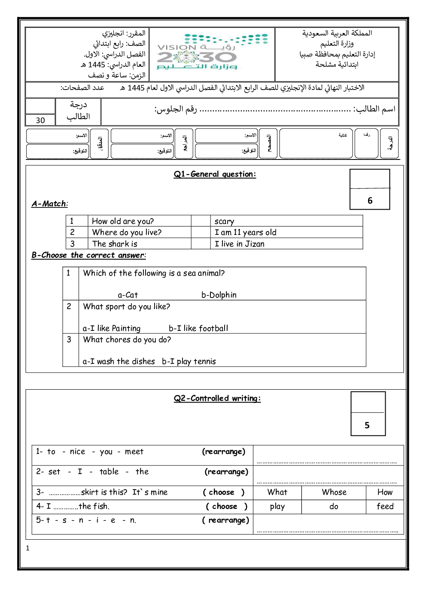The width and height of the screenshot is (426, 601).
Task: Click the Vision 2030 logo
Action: [212, 53]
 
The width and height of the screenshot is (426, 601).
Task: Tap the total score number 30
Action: [40, 120]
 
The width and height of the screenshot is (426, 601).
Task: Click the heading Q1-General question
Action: [215, 174]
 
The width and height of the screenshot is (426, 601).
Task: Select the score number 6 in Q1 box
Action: [370, 201]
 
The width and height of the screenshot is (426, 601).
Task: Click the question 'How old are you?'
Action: [123, 221]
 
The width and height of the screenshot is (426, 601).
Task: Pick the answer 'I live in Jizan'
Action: [240, 244]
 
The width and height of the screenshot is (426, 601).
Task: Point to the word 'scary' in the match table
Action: [224, 221]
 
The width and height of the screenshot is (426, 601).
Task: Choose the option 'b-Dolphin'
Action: [219, 295]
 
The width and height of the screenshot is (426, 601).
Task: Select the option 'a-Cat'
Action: [128, 295]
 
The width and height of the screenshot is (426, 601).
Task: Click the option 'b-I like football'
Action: [198, 328]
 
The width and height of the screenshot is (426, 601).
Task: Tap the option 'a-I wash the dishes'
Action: [119, 361]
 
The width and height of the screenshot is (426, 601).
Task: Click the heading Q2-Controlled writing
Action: [217, 398]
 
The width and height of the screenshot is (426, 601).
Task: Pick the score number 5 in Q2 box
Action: [367, 425]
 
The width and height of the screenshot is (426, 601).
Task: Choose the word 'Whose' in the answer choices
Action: [334, 493]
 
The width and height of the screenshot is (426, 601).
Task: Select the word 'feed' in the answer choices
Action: [385, 506]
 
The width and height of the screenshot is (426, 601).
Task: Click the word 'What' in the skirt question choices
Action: [277, 493]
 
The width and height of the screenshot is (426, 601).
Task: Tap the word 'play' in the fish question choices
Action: [277, 507]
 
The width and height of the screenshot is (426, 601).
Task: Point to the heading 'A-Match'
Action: [49, 204]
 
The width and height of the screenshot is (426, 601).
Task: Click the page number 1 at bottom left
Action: [28, 548]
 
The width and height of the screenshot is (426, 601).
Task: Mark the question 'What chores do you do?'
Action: [127, 340]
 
